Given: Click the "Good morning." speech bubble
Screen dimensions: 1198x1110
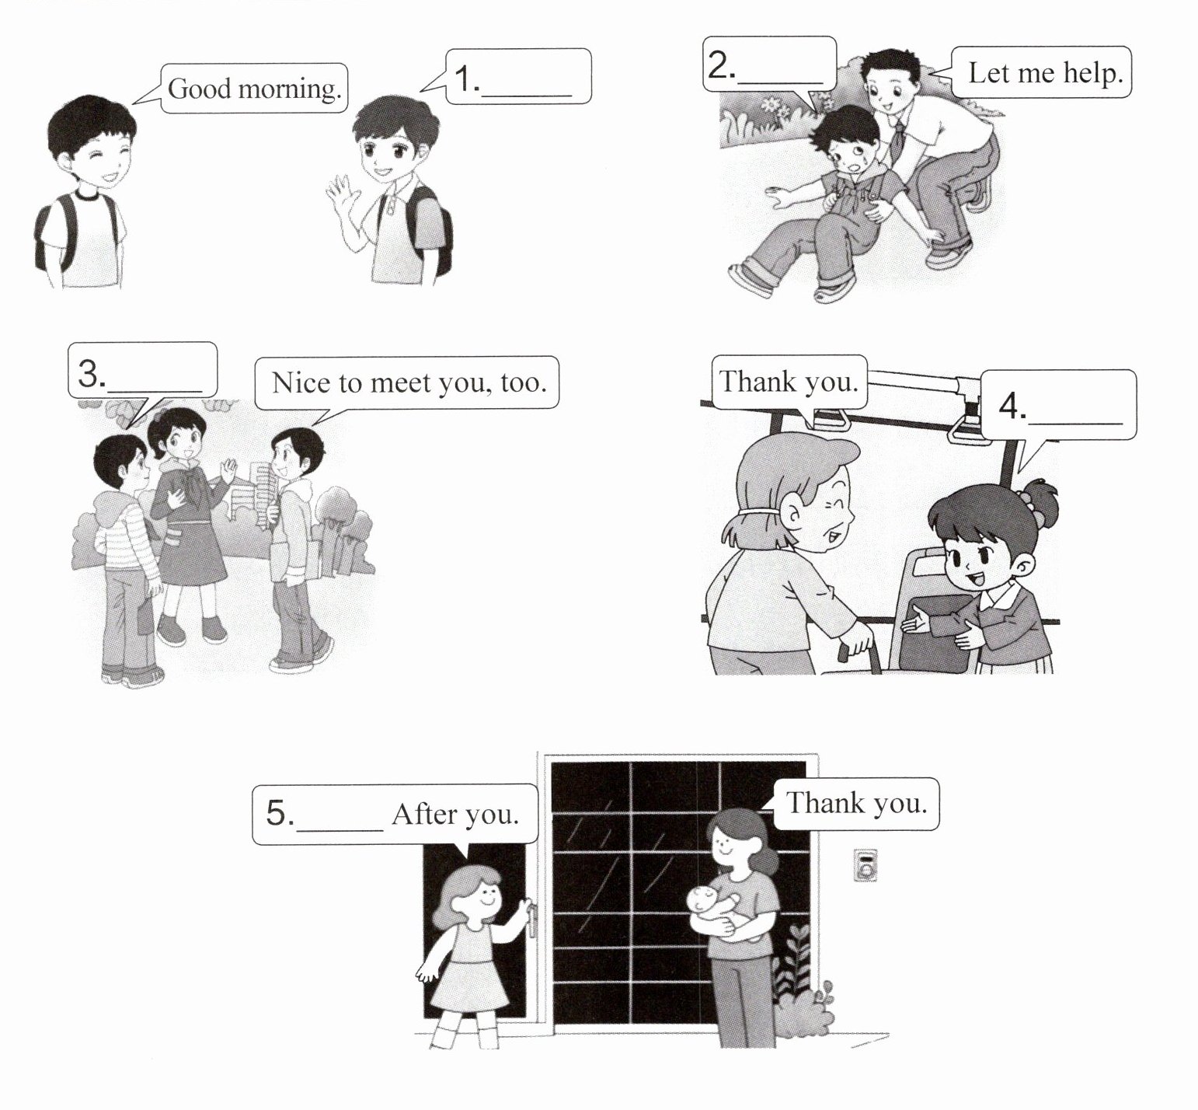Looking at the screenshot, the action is pos(254,88).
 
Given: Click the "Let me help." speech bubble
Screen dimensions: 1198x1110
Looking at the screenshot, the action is pos(1040,72).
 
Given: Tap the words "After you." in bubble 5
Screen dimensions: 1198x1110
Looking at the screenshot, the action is pos(455,814).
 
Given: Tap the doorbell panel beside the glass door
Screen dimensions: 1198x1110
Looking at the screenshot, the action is pos(865,864).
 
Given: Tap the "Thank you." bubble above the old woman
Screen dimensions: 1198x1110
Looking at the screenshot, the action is pos(789,382).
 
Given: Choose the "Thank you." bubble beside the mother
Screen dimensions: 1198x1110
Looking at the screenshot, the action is pos(856,803).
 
